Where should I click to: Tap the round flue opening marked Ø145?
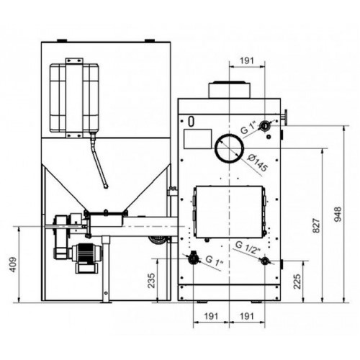point(229,148)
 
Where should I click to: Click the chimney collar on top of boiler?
point(229,89)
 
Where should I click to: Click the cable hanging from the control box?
point(99,162)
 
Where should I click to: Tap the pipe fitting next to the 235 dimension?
point(193,258)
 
